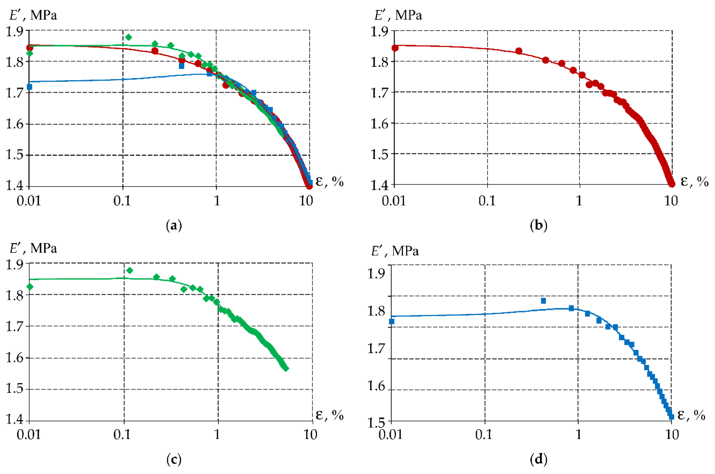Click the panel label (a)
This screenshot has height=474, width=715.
coord(174,226)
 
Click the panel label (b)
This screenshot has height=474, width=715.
coord(539,226)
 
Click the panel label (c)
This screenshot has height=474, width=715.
coord(174,460)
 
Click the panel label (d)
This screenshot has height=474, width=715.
coord(539,460)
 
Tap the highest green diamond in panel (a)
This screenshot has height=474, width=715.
coord(129,37)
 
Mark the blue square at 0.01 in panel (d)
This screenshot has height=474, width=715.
coord(391,321)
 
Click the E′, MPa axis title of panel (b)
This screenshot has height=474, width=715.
coord(398,15)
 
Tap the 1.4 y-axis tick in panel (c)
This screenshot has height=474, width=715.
coord(15,420)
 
